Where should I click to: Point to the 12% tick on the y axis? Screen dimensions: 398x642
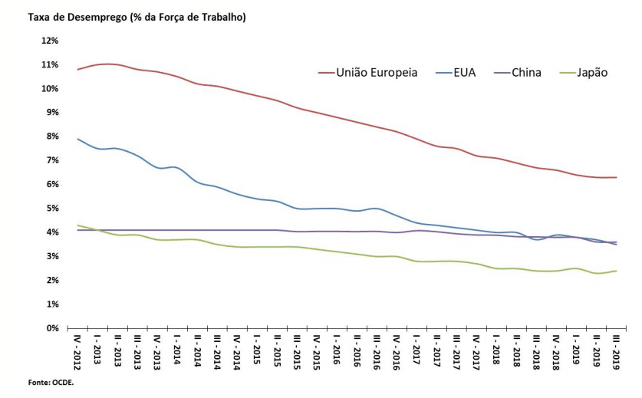coord(49,41)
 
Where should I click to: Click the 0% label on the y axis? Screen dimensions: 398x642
coord(51,328)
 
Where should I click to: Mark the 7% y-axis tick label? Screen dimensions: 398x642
coord(51,160)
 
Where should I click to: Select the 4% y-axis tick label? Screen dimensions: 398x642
coord(51,232)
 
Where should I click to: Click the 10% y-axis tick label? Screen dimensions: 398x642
coord(49,88)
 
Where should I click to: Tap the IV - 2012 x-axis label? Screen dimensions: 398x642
coord(77,354)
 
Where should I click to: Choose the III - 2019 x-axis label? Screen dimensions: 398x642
coord(616,354)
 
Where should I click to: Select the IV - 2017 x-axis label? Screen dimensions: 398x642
coord(476,354)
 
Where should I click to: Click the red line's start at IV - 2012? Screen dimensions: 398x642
coord(77,70)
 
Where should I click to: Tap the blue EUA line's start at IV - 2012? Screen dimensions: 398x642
coord(77,139)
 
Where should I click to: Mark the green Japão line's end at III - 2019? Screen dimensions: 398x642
coord(616,271)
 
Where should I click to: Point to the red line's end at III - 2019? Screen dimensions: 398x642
coord(616,177)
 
